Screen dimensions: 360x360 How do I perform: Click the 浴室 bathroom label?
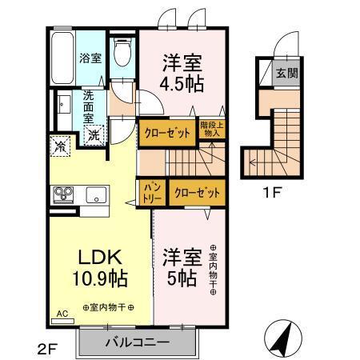click(90, 58)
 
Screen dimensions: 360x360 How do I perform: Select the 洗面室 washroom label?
click(89, 106)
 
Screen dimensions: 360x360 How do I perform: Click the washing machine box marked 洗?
click(94, 137)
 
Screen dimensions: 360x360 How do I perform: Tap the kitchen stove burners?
click(63, 194)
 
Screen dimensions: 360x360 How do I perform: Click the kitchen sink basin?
click(96, 194)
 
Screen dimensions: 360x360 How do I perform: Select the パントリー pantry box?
click(154, 193)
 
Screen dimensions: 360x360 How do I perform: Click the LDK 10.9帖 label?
click(99, 270)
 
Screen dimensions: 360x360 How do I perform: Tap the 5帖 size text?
click(182, 279)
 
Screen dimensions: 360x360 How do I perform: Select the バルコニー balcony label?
click(137, 343)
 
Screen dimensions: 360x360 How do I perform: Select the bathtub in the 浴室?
click(62, 58)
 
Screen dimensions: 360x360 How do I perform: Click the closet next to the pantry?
click(196, 193)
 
